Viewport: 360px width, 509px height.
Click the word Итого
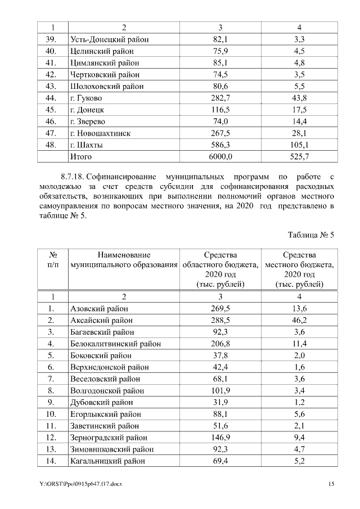pyautogui.click(x=81, y=156)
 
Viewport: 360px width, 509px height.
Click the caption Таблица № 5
pyautogui.click(x=311, y=235)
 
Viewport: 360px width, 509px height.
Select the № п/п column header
pyautogui.click(x=51, y=260)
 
